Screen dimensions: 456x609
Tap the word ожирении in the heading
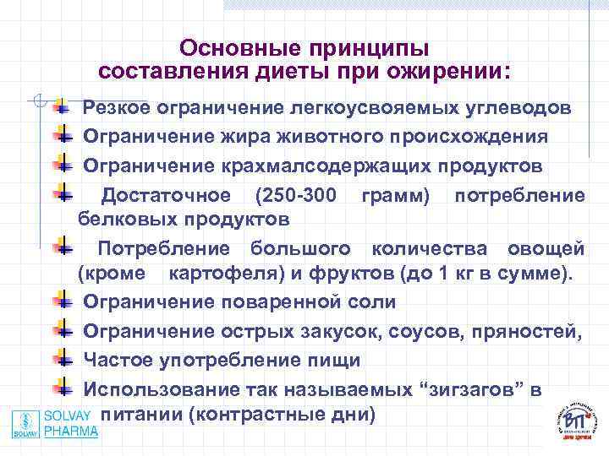pos(436,69)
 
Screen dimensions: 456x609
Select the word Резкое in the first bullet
pos(118,109)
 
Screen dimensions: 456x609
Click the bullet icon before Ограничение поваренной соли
pos(63,300)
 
